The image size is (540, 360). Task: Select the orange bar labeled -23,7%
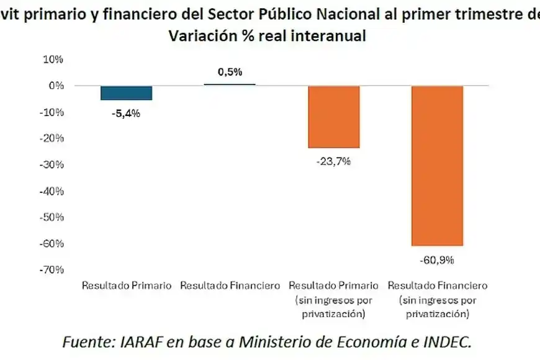334,117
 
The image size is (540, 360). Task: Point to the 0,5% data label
230,72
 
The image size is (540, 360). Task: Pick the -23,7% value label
334,161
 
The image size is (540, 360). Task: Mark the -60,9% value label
437,258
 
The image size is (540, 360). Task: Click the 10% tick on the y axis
54,60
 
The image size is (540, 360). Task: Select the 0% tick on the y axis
56,86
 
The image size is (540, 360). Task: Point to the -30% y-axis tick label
53,164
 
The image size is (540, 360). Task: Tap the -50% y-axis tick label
53,217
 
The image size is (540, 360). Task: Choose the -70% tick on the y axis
53,269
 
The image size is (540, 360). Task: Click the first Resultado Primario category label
127,286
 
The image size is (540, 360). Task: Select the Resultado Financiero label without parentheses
230,286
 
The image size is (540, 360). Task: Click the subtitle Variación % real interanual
266,37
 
